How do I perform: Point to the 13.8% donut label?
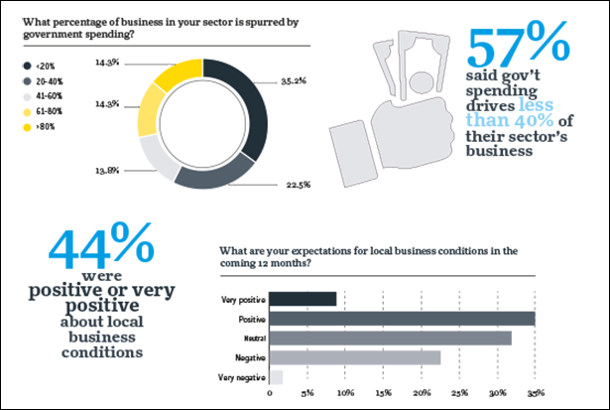tap(107, 171)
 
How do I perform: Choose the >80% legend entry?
tap(45, 128)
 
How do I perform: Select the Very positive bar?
tap(303, 299)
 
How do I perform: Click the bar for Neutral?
tap(390, 338)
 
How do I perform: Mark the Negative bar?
tap(354, 356)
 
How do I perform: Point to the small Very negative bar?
tap(276, 376)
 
